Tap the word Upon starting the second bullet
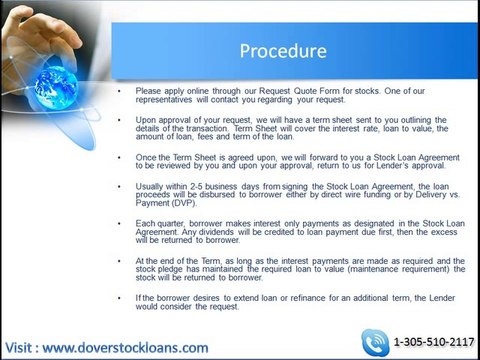tap(145, 117)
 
